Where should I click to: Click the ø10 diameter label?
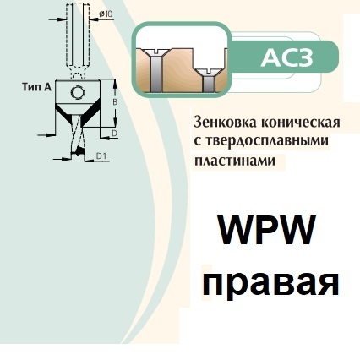pyautogui.click(x=106, y=14)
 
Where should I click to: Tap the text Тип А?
pyautogui.click(x=36, y=87)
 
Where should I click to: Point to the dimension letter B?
pyautogui.click(x=115, y=102)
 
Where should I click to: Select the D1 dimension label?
pyautogui.click(x=101, y=155)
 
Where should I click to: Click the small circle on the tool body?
pyautogui.click(x=77, y=92)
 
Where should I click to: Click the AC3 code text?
pyautogui.click(x=286, y=57)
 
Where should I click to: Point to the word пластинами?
pyautogui.click(x=235, y=161)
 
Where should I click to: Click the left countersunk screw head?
pyautogui.click(x=155, y=52)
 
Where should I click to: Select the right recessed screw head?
pyautogui.click(x=208, y=73)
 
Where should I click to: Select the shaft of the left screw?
pyautogui.click(x=155, y=74)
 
